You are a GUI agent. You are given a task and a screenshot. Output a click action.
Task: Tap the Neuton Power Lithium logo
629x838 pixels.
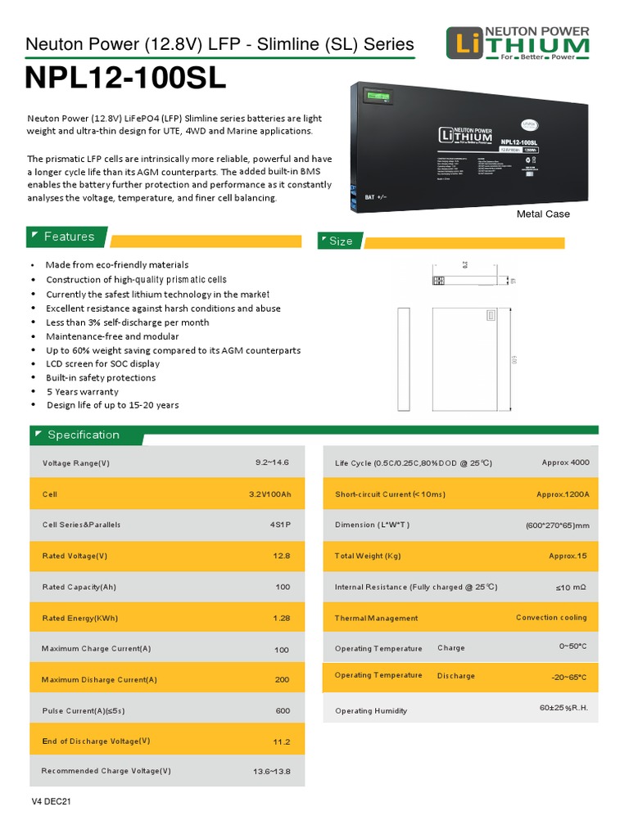tap(517, 43)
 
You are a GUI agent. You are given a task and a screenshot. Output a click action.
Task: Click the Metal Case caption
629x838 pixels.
tap(542, 214)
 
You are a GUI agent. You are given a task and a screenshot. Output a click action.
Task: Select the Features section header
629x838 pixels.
tap(69, 237)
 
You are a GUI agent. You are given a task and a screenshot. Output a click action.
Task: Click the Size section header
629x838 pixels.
tap(340, 241)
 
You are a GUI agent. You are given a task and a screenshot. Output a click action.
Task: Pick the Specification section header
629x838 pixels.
tap(83, 435)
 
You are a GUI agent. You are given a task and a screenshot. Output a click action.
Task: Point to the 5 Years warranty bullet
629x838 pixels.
tap(82, 391)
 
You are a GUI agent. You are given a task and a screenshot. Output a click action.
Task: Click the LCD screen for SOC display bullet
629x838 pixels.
tap(102, 363)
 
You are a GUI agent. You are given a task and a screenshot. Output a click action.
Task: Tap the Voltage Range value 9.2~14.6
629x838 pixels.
tap(272, 462)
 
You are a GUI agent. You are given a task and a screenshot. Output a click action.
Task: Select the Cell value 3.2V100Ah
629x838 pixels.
tap(269, 494)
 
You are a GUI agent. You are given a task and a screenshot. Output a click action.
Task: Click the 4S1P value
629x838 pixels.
tap(278, 525)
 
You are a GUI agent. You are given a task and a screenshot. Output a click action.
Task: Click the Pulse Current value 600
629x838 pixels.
tap(283, 710)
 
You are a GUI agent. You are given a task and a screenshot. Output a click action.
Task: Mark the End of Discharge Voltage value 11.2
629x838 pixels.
tap(281, 741)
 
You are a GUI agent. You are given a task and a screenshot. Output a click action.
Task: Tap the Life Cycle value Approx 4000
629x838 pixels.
tap(565, 462)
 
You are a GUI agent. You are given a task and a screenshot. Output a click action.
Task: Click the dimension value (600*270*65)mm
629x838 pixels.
tap(557, 525)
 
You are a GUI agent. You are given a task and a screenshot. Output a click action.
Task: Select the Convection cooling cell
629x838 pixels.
tap(551, 617)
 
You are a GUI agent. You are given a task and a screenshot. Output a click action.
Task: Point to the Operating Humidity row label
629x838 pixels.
tap(371, 710)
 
